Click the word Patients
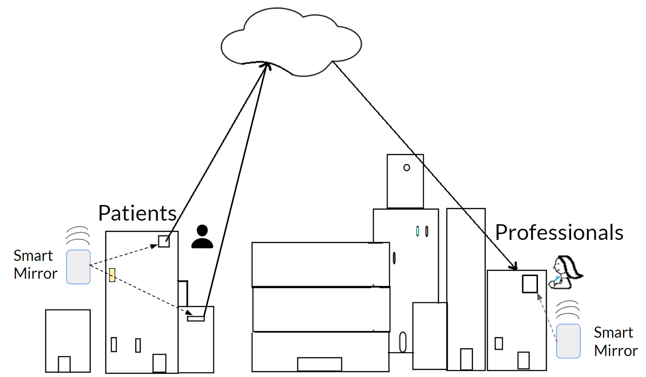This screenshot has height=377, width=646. tap(137, 213)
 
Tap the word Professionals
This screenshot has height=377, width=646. tap(559, 233)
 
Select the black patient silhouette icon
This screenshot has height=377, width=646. tap(202, 237)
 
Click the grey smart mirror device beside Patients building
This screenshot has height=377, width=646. tap(79, 267)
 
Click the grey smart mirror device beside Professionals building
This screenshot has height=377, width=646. tap(568, 341)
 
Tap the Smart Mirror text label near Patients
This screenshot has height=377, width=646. tap(35, 264)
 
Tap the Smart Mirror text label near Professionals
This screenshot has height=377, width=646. tap(615, 341)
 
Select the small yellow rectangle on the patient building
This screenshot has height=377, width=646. tap(112, 275)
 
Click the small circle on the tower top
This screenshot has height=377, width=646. tap(406, 168)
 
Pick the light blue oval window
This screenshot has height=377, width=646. tap(417, 231)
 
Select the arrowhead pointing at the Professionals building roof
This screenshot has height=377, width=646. tap(515, 267)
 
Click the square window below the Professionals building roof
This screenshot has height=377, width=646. tap(530, 284)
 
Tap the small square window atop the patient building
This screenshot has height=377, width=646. tap(164, 242)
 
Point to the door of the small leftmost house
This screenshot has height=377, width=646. tap(64, 364)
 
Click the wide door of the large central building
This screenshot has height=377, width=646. tap(320, 364)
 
